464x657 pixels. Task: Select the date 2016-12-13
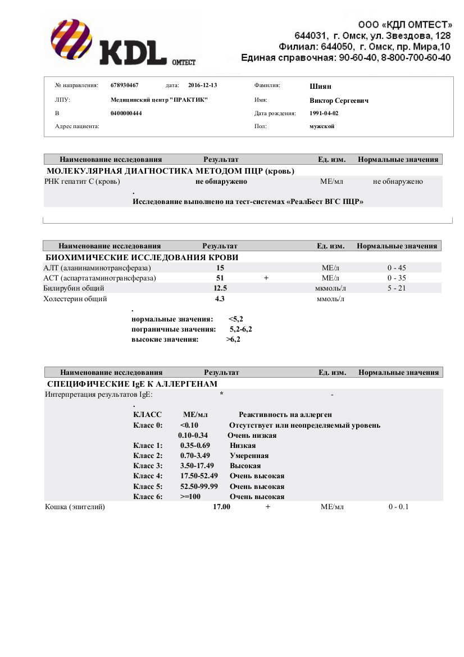coord(202,85)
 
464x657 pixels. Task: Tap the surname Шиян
coord(321,86)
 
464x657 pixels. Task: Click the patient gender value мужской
coord(322,126)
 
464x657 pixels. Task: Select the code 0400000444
coord(126,113)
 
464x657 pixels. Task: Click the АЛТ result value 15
coord(220,268)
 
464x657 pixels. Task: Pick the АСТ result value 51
coord(220,278)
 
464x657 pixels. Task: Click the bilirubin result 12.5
coord(220,288)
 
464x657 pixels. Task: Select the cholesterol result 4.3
coord(220,298)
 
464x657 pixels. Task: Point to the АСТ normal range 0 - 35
coord(397,278)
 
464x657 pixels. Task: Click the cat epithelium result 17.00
coord(221,507)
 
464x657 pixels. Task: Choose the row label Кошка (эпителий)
coord(75,507)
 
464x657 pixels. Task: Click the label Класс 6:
coord(148,497)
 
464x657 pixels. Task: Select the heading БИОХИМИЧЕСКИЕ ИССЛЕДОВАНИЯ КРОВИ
coord(142,257)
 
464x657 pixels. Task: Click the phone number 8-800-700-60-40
coord(415,58)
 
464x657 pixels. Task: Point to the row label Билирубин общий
coord(74,288)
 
